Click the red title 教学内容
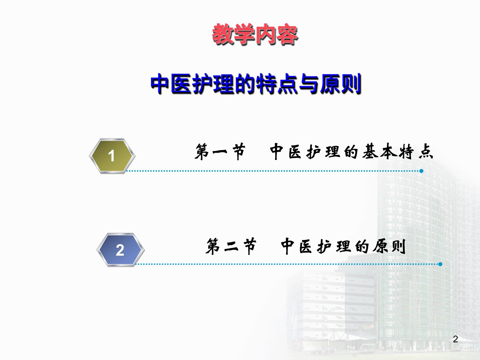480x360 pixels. [x=255, y=34]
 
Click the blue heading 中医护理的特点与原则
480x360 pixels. [x=256, y=84]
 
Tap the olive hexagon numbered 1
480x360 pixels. [x=112, y=156]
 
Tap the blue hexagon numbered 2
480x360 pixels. [x=120, y=250]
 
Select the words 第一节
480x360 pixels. [x=220, y=151]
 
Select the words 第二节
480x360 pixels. [x=231, y=246]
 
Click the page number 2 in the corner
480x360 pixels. [x=456, y=339]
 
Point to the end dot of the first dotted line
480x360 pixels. [x=421, y=171]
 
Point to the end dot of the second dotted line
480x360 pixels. [x=440, y=264]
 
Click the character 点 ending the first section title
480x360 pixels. [x=426, y=151]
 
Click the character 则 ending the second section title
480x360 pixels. [x=399, y=246]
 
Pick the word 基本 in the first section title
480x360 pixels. [x=380, y=151]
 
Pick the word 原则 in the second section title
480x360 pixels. [x=389, y=246]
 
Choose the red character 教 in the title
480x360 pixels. [x=222, y=34]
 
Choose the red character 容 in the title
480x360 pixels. [x=287, y=35]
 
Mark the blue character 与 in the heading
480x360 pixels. [x=309, y=84]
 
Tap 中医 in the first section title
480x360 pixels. [x=286, y=151]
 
